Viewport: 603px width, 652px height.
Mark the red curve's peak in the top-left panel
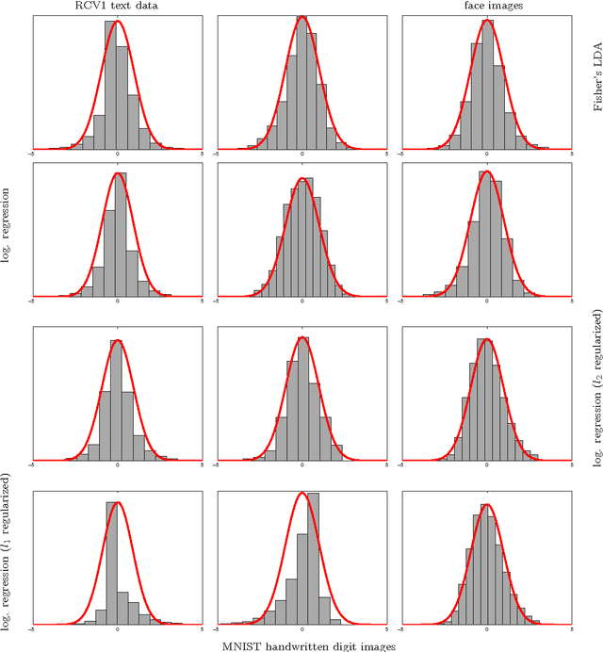click(x=117, y=21)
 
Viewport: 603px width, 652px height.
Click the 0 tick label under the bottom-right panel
click(x=486, y=628)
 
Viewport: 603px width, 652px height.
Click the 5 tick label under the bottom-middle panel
click(x=387, y=628)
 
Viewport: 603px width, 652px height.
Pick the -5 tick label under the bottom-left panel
click(x=32, y=628)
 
